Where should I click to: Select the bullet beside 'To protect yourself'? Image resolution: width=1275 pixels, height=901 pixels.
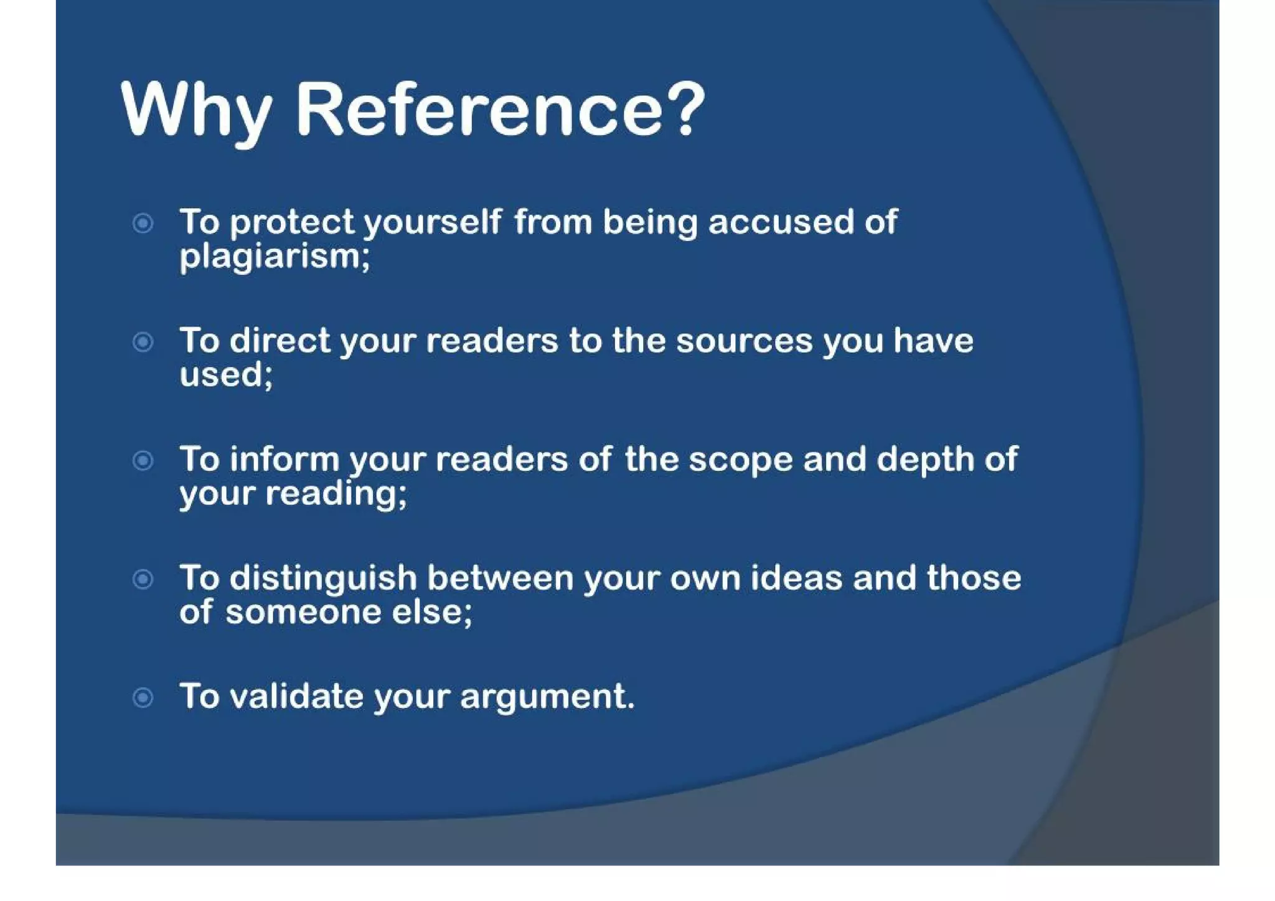143,223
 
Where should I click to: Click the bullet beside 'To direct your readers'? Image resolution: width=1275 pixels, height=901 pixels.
143,341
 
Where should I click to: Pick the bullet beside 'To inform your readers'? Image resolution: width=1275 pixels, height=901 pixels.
143,460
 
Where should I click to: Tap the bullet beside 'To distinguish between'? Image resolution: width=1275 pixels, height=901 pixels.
143,579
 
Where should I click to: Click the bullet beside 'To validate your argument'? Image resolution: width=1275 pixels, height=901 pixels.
143,697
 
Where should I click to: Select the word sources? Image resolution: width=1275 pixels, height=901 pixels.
745,341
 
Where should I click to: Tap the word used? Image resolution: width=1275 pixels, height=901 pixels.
224,375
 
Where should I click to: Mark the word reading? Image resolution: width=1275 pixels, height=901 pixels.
334,494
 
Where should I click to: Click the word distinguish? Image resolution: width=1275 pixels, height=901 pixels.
323,579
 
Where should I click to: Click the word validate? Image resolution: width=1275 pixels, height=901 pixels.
296,696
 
